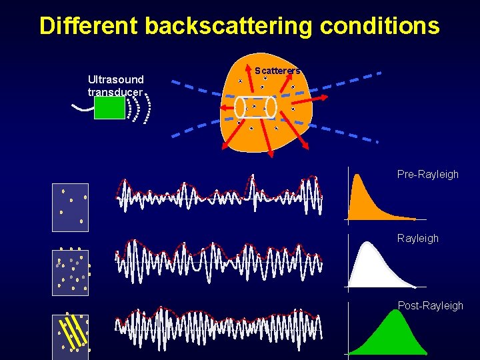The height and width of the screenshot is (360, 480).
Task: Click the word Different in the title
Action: click(x=89, y=25)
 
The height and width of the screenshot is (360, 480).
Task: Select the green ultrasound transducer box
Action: click(x=109, y=107)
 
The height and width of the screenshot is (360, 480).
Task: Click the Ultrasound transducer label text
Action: click(x=116, y=85)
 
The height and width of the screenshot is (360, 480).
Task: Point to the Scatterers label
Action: click(x=278, y=70)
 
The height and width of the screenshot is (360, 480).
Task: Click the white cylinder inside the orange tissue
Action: click(x=255, y=107)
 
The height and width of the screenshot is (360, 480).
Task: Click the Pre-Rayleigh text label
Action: click(x=427, y=174)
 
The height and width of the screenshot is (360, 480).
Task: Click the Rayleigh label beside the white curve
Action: click(x=417, y=238)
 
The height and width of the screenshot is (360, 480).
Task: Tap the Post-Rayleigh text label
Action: click(x=430, y=305)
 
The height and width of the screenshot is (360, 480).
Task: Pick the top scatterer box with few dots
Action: click(x=70, y=207)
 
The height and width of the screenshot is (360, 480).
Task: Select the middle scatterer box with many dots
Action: click(x=70, y=272)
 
